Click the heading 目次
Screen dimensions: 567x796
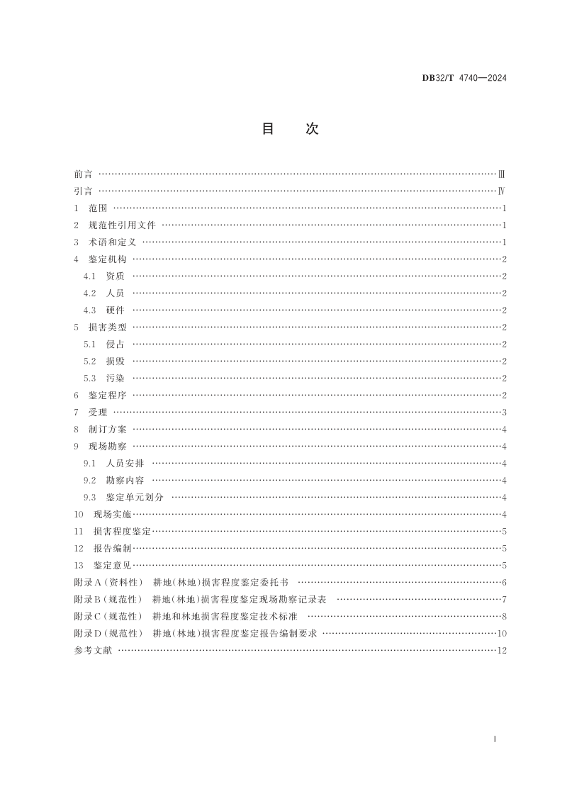coord(290,128)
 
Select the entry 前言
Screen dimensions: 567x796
coord(83,174)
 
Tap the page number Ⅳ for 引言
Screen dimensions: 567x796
coord(501,191)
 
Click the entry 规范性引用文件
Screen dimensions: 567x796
coord(122,225)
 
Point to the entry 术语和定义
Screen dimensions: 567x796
coord(112,242)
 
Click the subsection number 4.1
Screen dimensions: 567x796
coord(89,276)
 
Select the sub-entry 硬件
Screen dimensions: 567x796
coord(115,310)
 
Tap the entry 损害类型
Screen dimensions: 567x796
coord(107,327)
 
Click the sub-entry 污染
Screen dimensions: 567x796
coord(115,378)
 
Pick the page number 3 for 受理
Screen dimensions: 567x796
coord(503,412)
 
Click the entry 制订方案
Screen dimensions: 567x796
coord(107,429)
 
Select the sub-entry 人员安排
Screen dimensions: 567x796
coord(125,463)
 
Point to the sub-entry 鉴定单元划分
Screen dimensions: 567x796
coord(135,497)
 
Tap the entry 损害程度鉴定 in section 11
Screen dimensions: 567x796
coord(122,531)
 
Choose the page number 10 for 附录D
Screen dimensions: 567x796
coord(501,633)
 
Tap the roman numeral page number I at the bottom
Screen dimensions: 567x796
coord(494,739)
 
